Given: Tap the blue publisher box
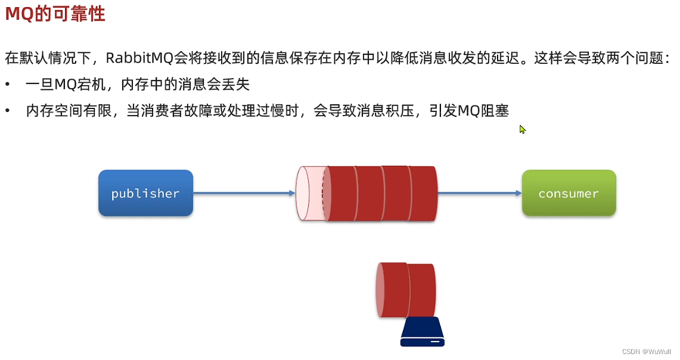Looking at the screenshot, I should tap(145, 193).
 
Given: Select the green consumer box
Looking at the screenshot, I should tap(569, 193).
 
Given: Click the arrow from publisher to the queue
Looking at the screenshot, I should tap(244, 193).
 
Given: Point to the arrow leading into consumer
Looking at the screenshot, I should tap(480, 193).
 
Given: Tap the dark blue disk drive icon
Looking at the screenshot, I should tap(423, 332).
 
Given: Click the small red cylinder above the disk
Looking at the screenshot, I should tap(406, 290).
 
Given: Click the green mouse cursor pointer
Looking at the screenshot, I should tap(522, 129).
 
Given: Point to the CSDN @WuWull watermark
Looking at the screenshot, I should tap(646, 352).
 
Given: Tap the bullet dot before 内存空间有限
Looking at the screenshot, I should tap(8, 111).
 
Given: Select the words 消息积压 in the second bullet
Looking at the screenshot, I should tap(388, 111).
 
